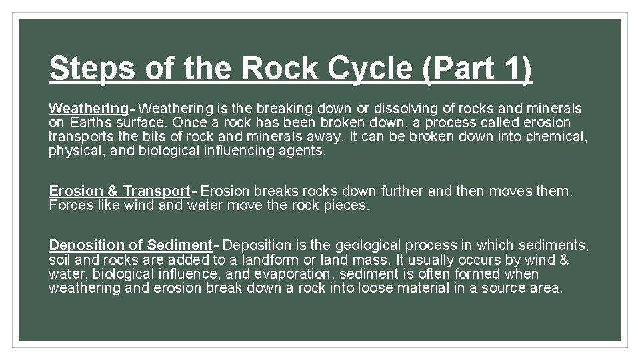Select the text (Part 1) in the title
(478, 68)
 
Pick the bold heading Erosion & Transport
(120, 191)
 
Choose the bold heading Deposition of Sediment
(131, 245)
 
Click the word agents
(305, 151)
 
